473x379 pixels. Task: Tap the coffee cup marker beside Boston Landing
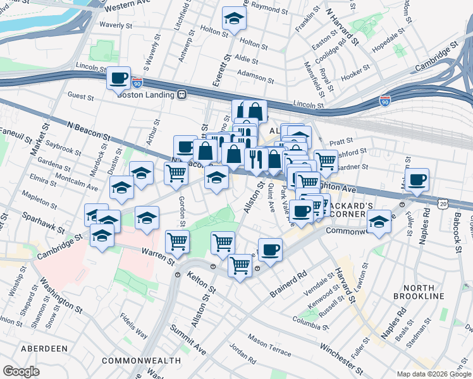[x=119, y=78]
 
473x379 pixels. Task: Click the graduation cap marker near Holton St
[x=235, y=20]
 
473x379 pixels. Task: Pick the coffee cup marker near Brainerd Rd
[x=270, y=250]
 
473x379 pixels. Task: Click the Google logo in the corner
[x=21, y=371]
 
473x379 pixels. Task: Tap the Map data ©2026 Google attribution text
[x=433, y=374]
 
